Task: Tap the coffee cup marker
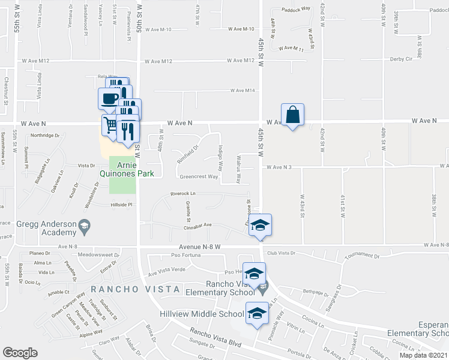coord(109,98)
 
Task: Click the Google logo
coord(20,353)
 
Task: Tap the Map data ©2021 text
coord(423,355)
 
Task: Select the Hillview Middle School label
coord(202,314)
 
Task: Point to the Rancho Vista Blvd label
coord(215,337)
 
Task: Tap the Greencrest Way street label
coord(199,177)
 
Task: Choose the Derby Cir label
coord(401,59)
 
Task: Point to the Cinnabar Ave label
coord(197,225)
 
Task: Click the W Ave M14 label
coord(243,91)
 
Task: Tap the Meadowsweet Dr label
coord(96,254)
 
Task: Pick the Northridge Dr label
coord(46,136)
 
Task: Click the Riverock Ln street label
coord(183,194)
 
